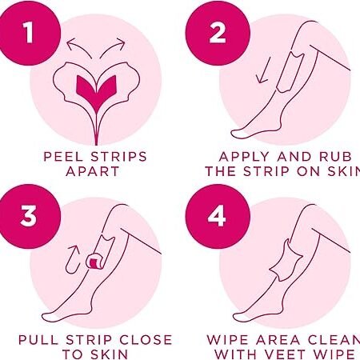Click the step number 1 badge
[29, 34]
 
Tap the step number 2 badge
[218, 34]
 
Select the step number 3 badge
[29, 216]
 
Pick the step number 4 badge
[218, 216]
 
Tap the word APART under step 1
[92, 171]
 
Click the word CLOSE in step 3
[146, 340]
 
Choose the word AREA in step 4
[278, 340]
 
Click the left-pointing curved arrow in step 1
[78, 47]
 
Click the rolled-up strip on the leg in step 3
[96, 261]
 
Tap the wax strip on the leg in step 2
[290, 74]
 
